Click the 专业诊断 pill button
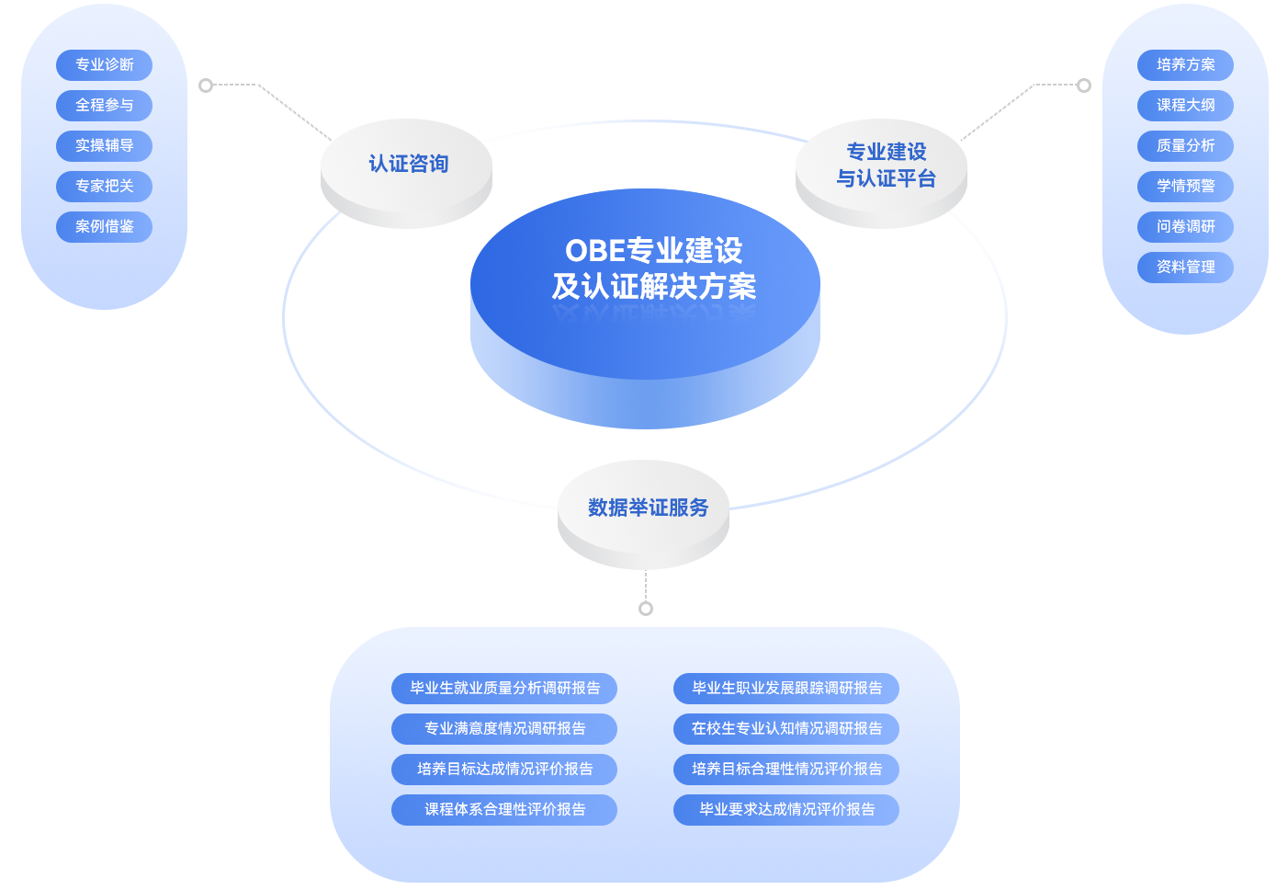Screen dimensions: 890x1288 point(104,65)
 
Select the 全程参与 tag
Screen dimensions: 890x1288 point(104,106)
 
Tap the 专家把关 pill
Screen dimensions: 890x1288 point(104,187)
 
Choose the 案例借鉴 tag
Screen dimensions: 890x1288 point(104,227)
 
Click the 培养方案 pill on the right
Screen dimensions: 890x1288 point(1185,65)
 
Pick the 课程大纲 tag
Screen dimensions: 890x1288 point(1185,106)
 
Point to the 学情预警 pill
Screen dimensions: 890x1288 point(1185,187)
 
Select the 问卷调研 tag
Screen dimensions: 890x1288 point(1185,227)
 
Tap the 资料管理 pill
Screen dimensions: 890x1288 point(1185,268)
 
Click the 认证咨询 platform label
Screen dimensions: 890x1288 point(408,165)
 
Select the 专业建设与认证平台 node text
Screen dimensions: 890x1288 point(886,165)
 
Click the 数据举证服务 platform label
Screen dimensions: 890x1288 point(648,508)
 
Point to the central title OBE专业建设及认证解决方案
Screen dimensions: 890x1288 point(653,268)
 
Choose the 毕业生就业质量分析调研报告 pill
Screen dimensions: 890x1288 point(504,689)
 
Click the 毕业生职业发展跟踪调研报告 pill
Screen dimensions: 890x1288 point(786,689)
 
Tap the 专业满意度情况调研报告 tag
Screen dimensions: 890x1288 point(504,729)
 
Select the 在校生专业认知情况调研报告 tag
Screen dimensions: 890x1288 point(786,729)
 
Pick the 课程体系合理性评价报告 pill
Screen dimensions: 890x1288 point(504,810)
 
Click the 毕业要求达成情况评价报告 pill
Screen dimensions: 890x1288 point(786,810)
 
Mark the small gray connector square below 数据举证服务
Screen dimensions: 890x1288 point(645,608)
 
